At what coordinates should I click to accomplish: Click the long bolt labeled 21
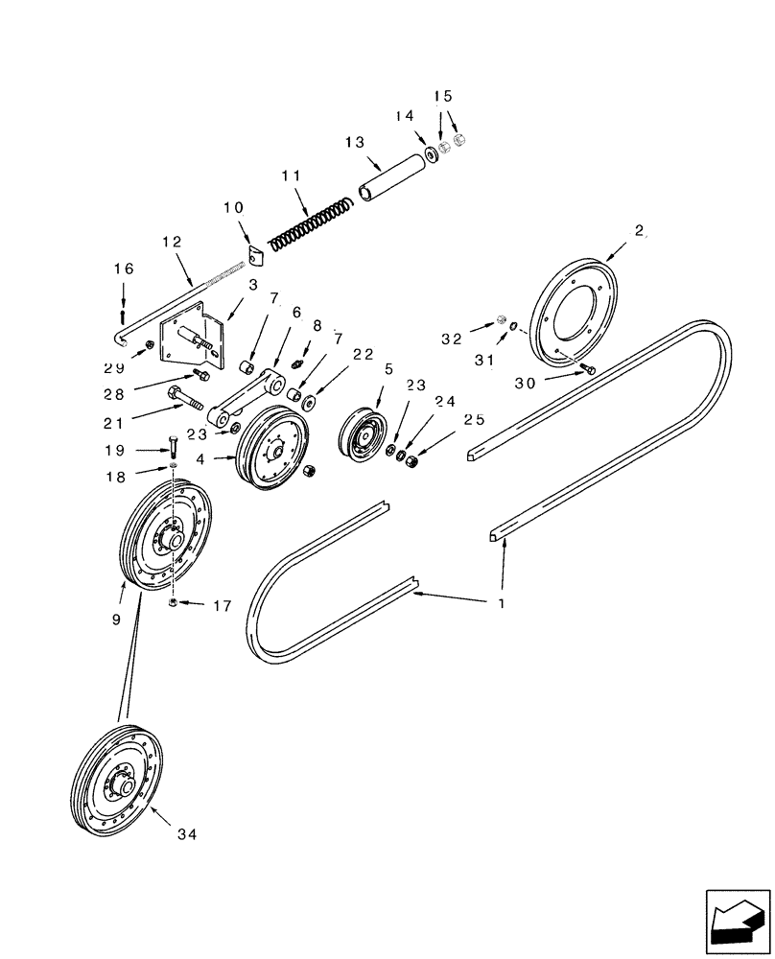pyautogui.click(x=186, y=395)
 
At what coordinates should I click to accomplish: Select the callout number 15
pyautogui.click(x=442, y=96)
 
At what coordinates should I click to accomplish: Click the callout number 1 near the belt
pyautogui.click(x=500, y=605)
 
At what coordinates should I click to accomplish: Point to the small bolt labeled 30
pyautogui.click(x=587, y=368)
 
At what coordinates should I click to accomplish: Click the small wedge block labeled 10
pyautogui.click(x=253, y=257)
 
